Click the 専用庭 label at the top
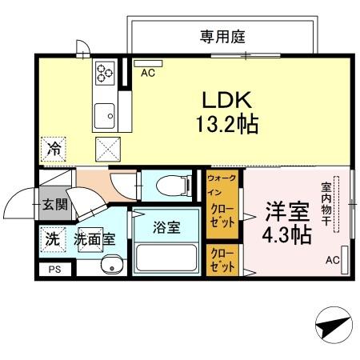click(222, 36)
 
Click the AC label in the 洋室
click(333, 261)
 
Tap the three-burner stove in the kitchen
click(106, 74)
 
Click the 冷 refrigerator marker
click(54, 147)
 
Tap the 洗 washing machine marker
click(52, 238)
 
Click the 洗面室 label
click(94, 238)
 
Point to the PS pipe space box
click(54, 270)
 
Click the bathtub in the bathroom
click(166, 258)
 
